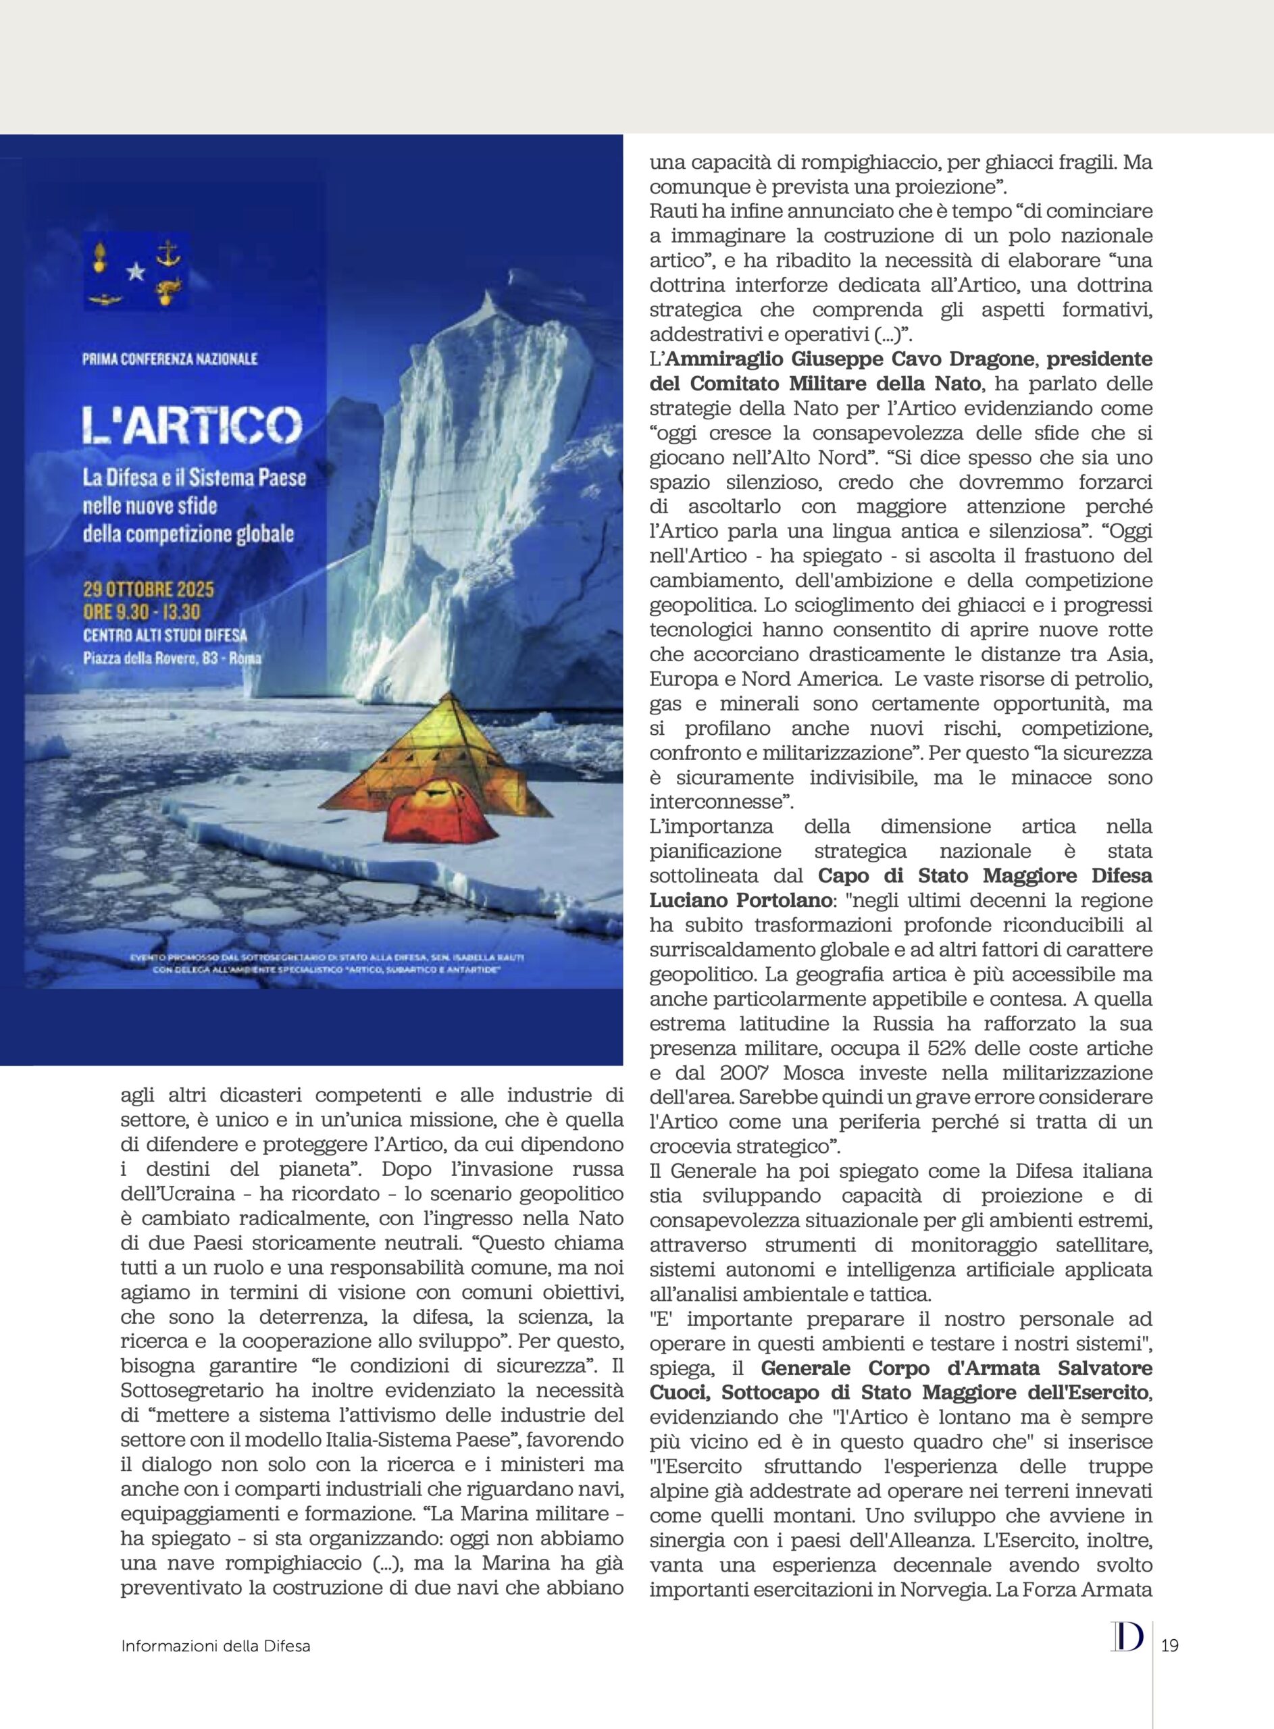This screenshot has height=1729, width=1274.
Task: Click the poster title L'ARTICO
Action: tap(191, 426)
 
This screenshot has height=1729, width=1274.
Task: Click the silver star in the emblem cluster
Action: tap(136, 271)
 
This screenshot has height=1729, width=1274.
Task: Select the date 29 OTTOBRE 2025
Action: tap(148, 590)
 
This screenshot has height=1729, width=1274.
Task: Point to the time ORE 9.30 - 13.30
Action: tap(142, 612)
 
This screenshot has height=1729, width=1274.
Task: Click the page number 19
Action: tap(1169, 1646)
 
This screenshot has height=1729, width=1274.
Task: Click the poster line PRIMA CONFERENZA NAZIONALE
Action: tap(170, 359)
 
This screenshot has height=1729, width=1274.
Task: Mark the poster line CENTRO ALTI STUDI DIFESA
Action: tap(165, 635)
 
